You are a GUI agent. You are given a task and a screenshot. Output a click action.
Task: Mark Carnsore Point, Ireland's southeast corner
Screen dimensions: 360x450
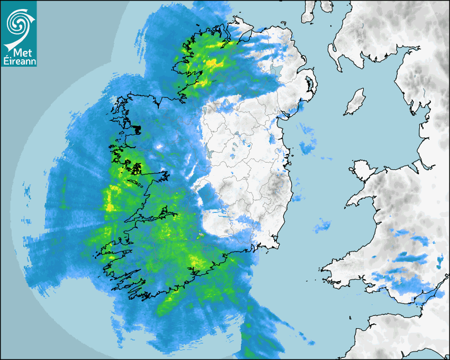[276, 246]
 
